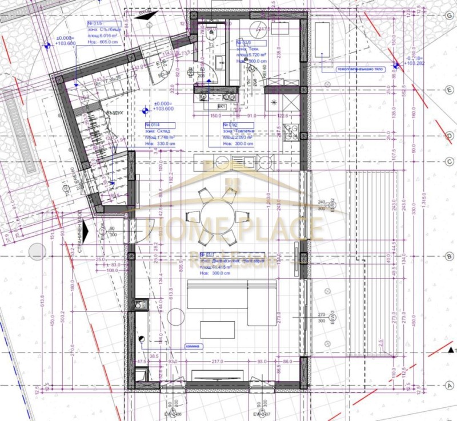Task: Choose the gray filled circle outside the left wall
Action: pyautogui.click(x=38, y=251)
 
